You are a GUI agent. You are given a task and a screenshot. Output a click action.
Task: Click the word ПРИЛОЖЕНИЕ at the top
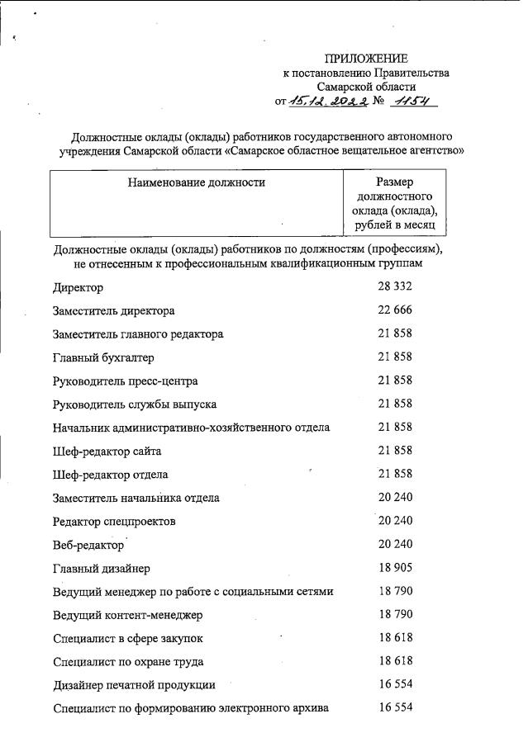366,59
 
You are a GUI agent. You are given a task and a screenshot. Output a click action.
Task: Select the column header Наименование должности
196,182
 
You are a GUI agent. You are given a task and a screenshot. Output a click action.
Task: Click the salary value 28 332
395,286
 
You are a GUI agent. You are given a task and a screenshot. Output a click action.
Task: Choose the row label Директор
78,288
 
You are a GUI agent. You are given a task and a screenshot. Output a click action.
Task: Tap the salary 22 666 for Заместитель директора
395,310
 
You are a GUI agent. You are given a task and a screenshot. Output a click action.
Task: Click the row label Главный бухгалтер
103,357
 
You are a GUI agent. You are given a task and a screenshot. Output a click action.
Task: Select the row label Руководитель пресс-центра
125,381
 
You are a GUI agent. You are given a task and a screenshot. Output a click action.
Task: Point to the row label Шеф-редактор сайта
107,451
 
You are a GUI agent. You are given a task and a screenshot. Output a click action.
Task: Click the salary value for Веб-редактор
395,544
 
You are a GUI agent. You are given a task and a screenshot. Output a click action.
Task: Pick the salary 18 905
395,568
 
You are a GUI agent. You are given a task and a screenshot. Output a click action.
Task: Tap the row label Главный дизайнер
102,568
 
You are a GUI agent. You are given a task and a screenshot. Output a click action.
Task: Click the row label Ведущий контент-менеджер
127,615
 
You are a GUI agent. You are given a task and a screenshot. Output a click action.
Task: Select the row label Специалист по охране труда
128,661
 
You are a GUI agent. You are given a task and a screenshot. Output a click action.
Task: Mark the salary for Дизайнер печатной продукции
395,684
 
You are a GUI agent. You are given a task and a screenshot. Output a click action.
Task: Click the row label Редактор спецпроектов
113,522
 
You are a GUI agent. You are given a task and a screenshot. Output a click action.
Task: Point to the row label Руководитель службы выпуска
135,404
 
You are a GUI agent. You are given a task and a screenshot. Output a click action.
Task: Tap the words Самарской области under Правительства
366,86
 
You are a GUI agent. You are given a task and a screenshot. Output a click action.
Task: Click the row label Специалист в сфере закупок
127,638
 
